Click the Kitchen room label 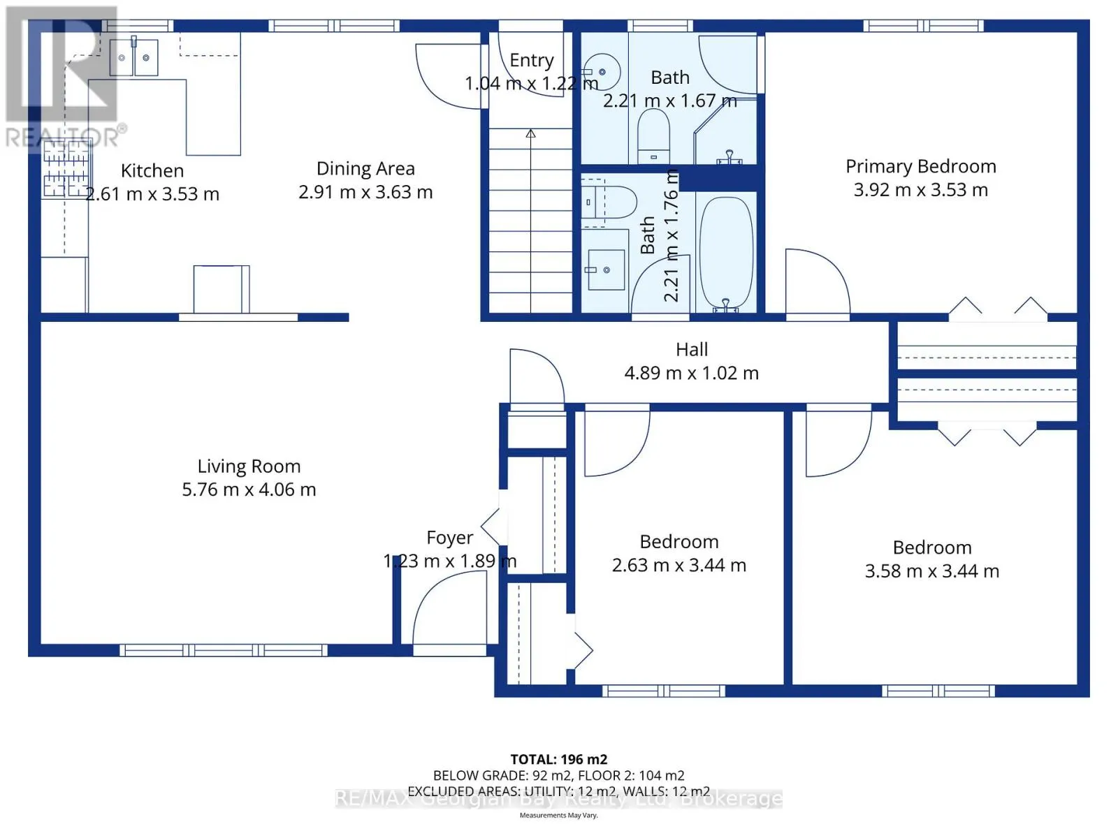[x=152, y=170]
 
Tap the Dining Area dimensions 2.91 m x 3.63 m [x=365, y=192]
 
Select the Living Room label [x=249, y=466]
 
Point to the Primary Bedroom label [x=920, y=167]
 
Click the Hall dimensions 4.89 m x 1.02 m [x=691, y=374]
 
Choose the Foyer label [x=449, y=538]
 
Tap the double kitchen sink [x=133, y=57]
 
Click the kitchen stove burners [x=66, y=168]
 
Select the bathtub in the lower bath [x=726, y=253]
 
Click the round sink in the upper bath [x=602, y=72]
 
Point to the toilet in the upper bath [x=653, y=136]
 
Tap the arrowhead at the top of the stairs [x=530, y=133]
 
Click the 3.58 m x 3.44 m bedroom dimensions [x=931, y=571]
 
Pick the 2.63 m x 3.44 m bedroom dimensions [x=679, y=565]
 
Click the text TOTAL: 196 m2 [x=559, y=760]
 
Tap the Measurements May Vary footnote [x=558, y=815]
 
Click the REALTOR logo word [x=63, y=138]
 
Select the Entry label [x=531, y=61]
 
